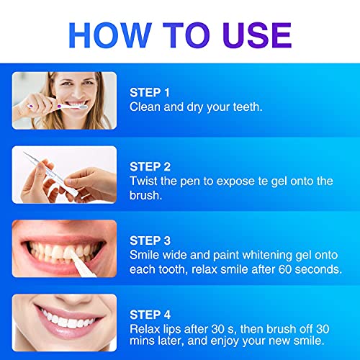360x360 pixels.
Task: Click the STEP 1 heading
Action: click(x=150, y=92)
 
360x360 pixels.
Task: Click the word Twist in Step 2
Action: click(x=144, y=181)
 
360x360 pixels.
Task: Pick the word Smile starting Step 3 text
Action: click(x=146, y=254)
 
